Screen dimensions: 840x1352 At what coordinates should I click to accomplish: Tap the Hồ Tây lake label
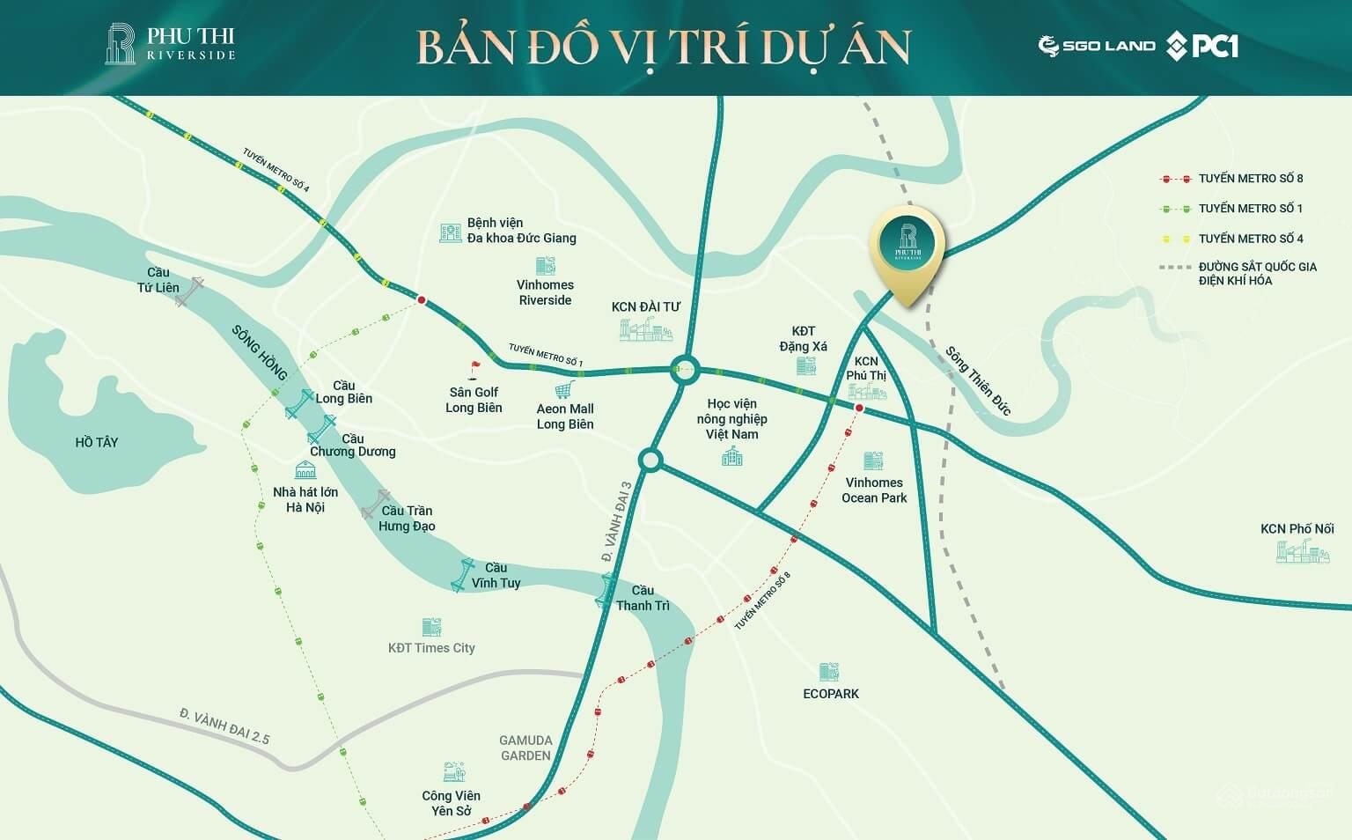(96, 442)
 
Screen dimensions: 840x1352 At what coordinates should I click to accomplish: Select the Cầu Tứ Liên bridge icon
(189, 291)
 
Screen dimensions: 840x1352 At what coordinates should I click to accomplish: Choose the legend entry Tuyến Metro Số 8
(1250, 179)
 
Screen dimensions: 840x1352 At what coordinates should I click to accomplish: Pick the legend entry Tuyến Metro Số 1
(1250, 209)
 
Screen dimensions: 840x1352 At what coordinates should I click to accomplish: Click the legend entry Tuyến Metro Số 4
(1250, 239)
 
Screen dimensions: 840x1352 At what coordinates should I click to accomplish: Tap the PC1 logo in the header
(1202, 46)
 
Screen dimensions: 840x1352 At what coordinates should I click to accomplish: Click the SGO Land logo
(1097, 46)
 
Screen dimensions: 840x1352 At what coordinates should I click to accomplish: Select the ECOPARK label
(830, 694)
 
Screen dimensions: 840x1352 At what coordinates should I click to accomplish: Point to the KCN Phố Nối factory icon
(1303, 552)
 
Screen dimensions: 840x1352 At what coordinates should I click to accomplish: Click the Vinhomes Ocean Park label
(873, 490)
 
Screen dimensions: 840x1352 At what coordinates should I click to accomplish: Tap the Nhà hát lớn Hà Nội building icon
(305, 469)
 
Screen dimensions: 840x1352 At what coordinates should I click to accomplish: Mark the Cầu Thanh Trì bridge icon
(606, 588)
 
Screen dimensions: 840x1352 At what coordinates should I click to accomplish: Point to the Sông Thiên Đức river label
(978, 380)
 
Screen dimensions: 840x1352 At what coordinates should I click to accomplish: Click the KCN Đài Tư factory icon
(645, 329)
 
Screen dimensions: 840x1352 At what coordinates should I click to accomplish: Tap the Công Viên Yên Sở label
(451, 803)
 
